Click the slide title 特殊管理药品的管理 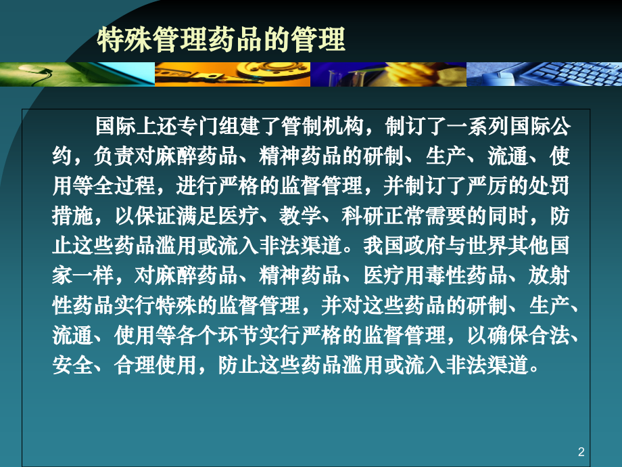click(222, 39)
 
